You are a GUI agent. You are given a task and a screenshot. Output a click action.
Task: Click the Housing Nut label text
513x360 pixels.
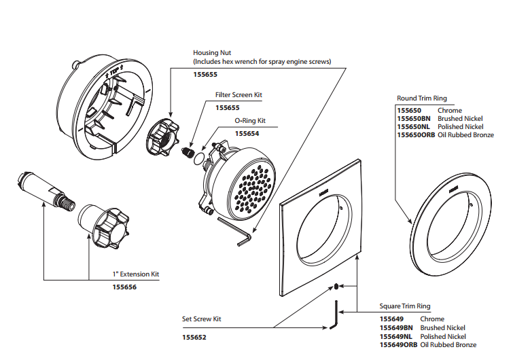212,52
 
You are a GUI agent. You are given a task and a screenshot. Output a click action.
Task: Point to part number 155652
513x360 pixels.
194,336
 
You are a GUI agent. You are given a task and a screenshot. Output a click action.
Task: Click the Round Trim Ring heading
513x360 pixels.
421,98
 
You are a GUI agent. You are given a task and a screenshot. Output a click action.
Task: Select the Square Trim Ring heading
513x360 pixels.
405,306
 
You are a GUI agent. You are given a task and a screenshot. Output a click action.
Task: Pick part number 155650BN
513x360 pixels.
412,119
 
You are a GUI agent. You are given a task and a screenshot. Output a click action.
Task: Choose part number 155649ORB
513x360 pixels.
398,345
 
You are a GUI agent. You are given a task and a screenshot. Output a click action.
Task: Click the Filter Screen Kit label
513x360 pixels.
238,96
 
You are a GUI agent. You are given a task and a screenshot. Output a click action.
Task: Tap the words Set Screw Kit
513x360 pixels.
202,319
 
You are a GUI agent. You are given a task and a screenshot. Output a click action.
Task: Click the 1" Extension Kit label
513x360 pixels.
140,274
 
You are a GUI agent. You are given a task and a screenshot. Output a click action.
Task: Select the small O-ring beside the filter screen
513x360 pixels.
200,160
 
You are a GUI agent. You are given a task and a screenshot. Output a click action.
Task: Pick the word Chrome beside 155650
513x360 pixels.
450,110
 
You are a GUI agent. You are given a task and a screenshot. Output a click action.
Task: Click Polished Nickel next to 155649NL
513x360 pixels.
442,336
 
